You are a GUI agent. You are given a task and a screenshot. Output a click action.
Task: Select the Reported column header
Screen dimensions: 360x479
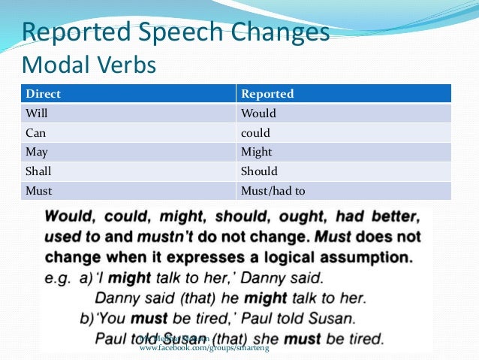click(x=267, y=94)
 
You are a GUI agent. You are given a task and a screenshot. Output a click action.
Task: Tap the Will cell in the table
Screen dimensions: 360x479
click(x=36, y=113)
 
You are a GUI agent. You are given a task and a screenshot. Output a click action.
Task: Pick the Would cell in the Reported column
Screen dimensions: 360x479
click(x=258, y=113)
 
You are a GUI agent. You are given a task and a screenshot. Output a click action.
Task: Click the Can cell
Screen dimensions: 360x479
click(x=35, y=133)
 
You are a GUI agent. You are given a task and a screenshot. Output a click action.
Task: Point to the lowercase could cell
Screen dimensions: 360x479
click(x=255, y=133)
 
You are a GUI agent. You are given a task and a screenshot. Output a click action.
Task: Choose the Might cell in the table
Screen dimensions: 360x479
click(x=257, y=152)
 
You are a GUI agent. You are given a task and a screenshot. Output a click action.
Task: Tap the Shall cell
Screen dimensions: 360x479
click(x=38, y=171)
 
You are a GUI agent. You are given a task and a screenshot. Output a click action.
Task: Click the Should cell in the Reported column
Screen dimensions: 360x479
click(x=259, y=171)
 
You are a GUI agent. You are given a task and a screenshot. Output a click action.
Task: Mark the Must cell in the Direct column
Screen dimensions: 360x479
click(x=38, y=191)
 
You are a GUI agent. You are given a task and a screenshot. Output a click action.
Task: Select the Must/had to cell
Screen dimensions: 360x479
click(x=273, y=191)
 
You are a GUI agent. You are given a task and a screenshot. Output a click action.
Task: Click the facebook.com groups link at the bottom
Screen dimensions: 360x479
click(x=204, y=349)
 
